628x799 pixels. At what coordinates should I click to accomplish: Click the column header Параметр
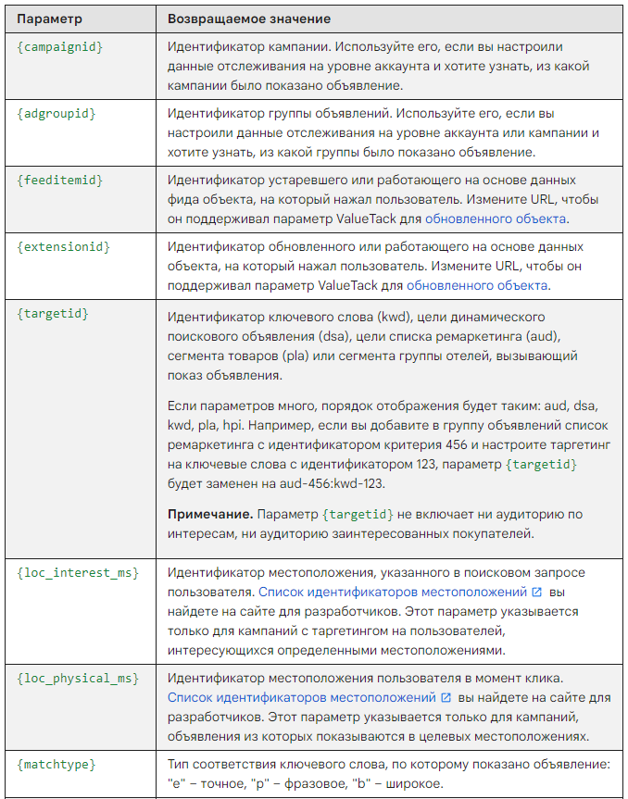pos(49,19)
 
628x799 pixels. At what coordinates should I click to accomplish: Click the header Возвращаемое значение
pos(249,19)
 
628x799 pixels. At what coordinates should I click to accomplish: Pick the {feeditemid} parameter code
pos(59,180)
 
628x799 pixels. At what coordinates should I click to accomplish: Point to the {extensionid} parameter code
pos(63,247)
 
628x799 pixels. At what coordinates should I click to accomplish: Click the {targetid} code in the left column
pos(53,314)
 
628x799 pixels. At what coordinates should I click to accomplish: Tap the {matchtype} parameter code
pos(56,765)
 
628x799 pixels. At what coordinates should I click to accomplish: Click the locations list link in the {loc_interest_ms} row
pos(394,591)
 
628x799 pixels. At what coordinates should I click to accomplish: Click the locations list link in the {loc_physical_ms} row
pos(301,697)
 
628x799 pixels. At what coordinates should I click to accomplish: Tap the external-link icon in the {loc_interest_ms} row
pos(537,591)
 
